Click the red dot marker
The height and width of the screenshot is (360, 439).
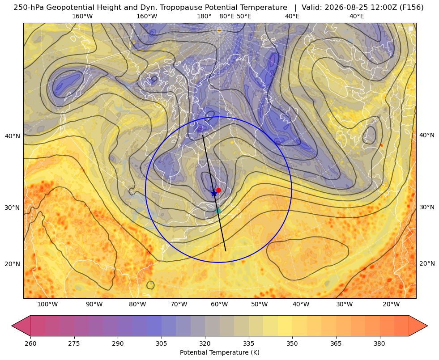tap(218, 190)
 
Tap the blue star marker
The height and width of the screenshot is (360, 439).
tap(214, 193)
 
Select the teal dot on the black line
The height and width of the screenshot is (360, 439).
tap(218, 211)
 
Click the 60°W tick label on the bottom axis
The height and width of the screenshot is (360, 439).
tap(218, 304)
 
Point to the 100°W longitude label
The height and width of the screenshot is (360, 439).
tap(47, 304)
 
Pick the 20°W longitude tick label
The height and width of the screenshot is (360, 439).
tap(391, 304)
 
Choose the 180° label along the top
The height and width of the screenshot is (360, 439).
tap(204, 16)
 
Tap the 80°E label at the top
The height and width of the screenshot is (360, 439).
tap(227, 16)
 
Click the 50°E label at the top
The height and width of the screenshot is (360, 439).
tap(244, 16)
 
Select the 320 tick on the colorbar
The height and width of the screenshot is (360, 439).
tap(205, 343)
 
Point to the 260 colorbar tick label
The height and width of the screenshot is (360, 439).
tap(30, 343)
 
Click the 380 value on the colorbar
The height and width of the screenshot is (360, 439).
tap(379, 343)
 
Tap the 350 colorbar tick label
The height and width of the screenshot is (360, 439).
tap(292, 343)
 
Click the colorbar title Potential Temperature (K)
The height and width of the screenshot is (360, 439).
tap(219, 352)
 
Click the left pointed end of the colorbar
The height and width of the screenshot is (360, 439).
tap(12, 326)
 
